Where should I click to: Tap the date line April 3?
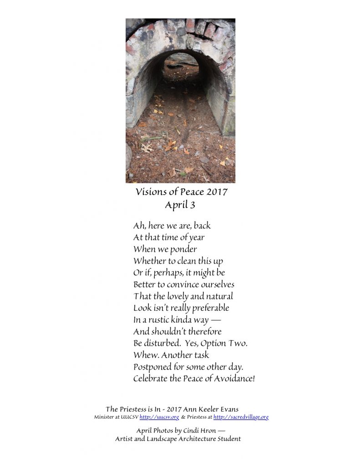[x=180, y=205]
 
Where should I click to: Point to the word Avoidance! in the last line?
[x=231, y=379]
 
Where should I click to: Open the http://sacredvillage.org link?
[x=241, y=417]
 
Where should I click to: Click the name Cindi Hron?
[x=203, y=430]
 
